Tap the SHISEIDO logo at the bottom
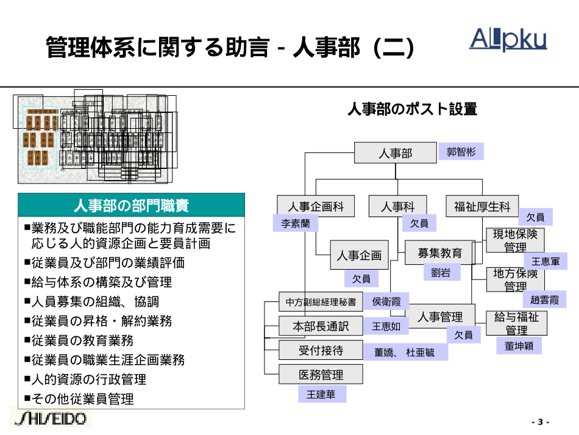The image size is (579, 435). [x=51, y=419]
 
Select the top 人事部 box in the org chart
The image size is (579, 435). [x=395, y=153]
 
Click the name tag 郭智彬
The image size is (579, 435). [x=461, y=151]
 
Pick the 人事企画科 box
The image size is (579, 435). [x=316, y=207]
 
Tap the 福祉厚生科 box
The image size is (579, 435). [x=482, y=207]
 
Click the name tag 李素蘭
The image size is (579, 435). [x=295, y=224]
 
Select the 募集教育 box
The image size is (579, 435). [x=440, y=253]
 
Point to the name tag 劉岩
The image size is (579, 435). [x=441, y=273]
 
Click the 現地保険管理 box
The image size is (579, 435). [x=516, y=240]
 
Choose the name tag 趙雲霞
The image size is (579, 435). [x=544, y=300]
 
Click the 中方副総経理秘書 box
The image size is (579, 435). [x=321, y=301]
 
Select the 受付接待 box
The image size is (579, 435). [x=321, y=350]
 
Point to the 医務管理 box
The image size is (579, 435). [x=321, y=374]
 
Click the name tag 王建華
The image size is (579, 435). [x=321, y=395]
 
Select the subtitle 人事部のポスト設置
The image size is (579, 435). [x=412, y=110]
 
